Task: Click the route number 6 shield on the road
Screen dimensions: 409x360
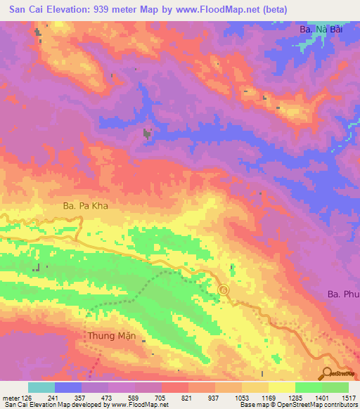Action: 224,290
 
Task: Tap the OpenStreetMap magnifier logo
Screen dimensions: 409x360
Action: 327,373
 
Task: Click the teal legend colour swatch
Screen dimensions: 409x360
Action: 41,387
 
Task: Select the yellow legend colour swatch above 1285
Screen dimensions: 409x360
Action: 281,387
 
